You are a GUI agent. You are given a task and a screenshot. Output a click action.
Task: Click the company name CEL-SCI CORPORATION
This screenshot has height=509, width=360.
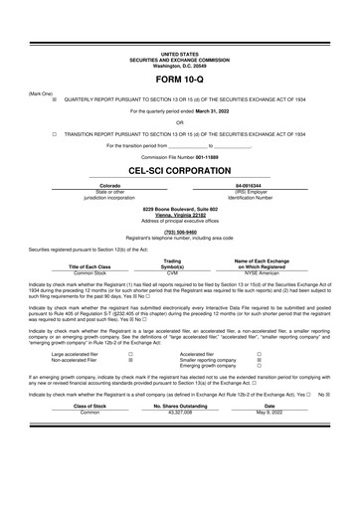click(179, 169)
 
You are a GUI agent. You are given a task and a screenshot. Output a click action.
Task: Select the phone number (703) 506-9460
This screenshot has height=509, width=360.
click(180, 230)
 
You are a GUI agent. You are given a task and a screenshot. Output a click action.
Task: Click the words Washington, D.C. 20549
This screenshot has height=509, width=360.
click(179, 64)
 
